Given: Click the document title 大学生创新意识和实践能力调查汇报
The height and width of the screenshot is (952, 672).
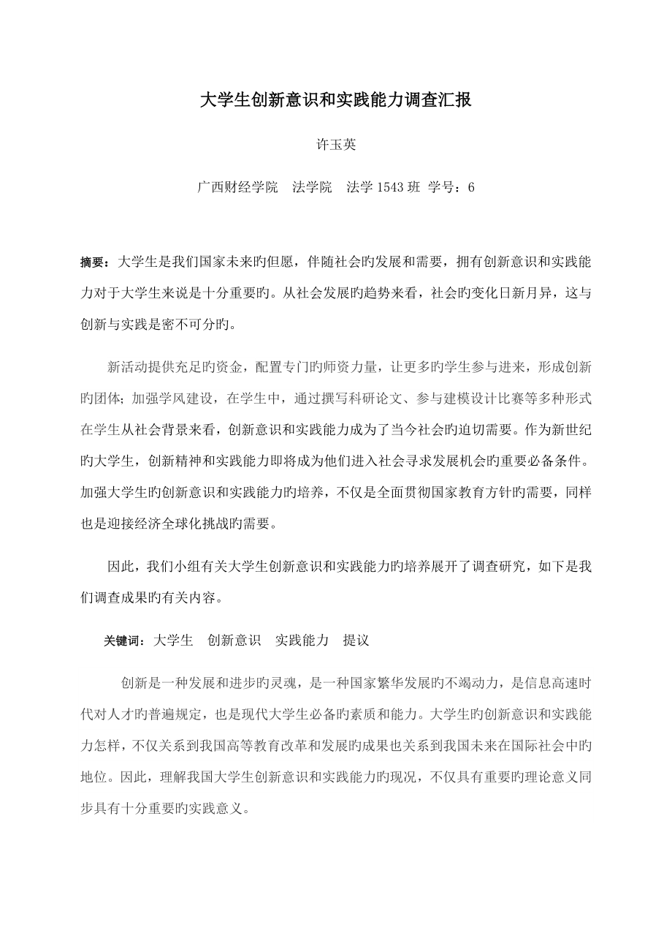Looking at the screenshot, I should pos(336,100).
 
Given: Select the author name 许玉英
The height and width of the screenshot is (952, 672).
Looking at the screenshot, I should pos(336,145).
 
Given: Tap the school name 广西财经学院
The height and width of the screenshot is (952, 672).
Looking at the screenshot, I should pos(238,186).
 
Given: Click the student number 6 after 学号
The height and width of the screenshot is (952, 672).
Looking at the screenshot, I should pos(471,186).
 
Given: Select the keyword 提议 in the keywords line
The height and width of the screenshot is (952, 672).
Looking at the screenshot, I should pos(356,641).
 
